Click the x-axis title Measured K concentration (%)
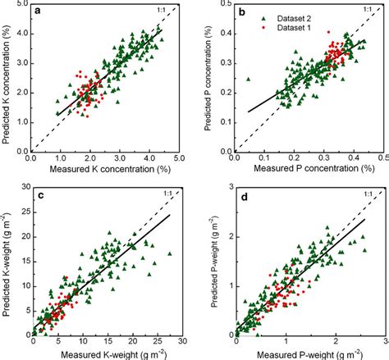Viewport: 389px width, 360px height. (103, 170)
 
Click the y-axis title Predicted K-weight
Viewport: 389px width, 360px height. (8, 262)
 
